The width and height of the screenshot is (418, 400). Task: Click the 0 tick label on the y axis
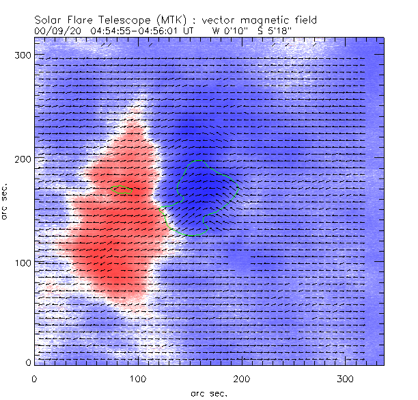(27, 362)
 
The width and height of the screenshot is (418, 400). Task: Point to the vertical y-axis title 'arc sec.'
(5, 200)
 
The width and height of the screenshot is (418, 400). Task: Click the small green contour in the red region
(122, 189)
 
